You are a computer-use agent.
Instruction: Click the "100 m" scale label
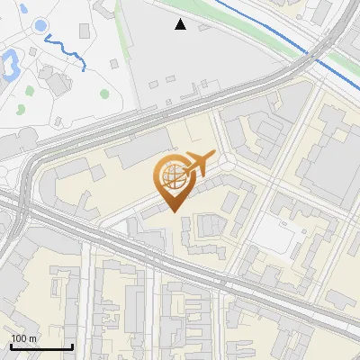click(23, 338)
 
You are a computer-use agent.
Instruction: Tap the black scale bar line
click(41, 346)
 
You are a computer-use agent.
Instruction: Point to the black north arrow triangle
click(181, 24)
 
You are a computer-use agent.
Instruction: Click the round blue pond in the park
click(41, 26)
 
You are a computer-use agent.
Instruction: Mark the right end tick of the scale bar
click(72, 346)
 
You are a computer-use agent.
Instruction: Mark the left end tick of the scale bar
click(11, 346)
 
